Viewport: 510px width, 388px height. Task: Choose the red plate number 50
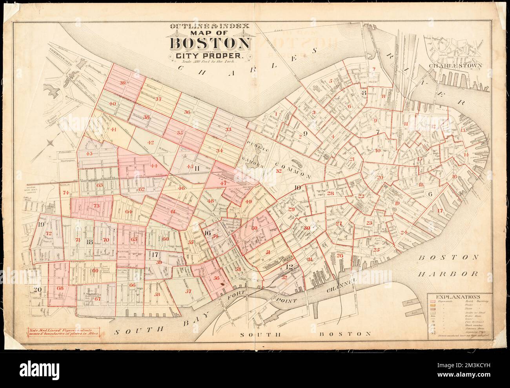(x=255, y=228)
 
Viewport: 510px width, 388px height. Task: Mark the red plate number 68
(x=60, y=288)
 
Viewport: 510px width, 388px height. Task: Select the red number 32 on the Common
(x=279, y=171)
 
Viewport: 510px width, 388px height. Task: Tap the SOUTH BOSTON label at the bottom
(x=306, y=335)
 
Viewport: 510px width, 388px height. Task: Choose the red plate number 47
(x=224, y=183)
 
